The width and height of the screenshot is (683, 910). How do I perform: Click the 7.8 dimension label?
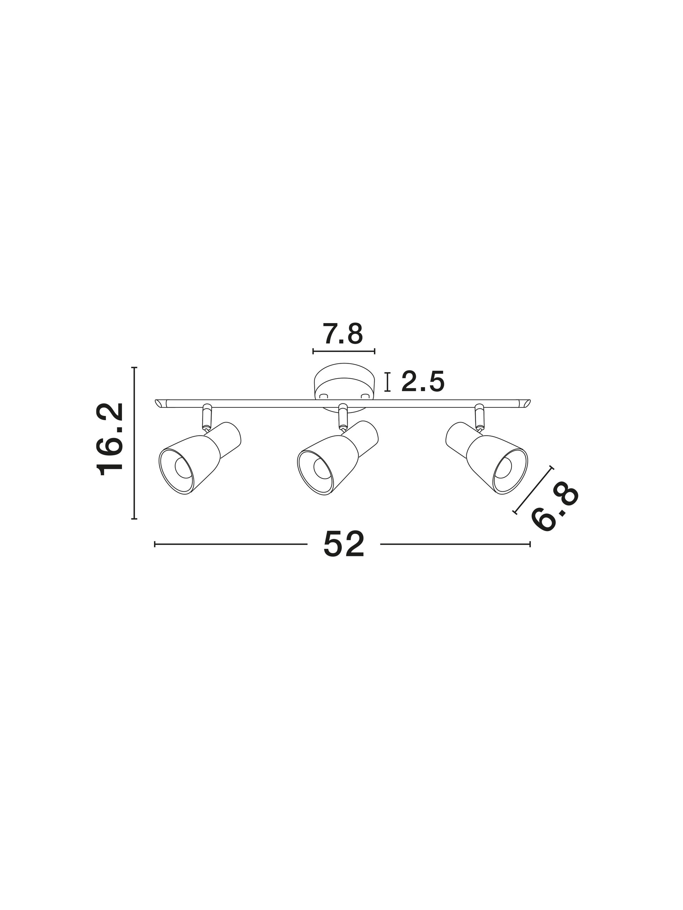[x=343, y=334]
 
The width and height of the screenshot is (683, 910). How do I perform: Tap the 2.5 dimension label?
[x=423, y=381]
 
